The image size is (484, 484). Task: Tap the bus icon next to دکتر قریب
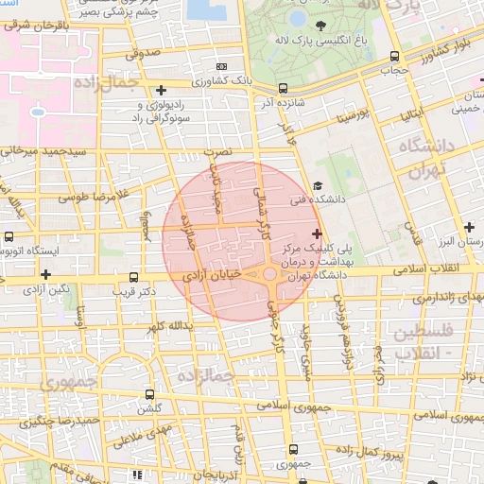(x=133, y=278)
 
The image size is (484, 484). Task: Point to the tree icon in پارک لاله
(x=323, y=26)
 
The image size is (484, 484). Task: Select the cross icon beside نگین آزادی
(x=44, y=274)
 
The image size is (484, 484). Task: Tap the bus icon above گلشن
(x=149, y=393)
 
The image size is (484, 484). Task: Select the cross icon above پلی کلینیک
(x=316, y=233)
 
